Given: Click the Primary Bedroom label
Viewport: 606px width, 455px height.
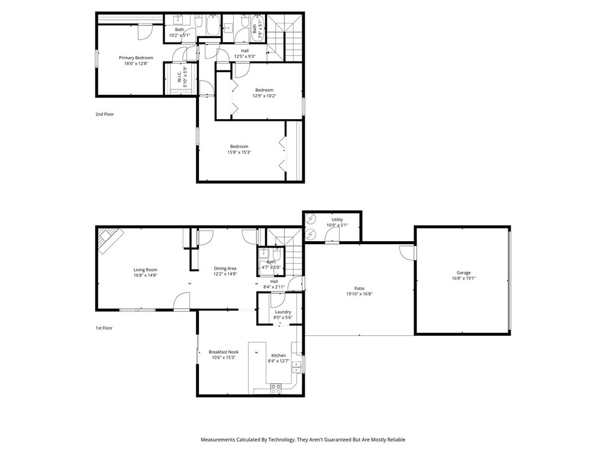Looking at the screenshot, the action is click(x=136, y=57).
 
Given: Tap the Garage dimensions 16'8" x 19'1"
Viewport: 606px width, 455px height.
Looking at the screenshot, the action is click(x=463, y=278).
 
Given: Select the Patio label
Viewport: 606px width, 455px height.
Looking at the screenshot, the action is click(x=359, y=289).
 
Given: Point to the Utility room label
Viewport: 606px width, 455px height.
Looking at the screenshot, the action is click(x=337, y=219).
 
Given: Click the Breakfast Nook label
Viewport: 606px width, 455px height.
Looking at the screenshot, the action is click(x=224, y=352).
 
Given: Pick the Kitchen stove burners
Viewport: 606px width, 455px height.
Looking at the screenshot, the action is click(x=276, y=389).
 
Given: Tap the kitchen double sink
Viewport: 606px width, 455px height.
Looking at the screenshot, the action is click(x=296, y=367).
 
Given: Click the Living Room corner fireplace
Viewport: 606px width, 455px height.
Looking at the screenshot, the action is click(x=110, y=240).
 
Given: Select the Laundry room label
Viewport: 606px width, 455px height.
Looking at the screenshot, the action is click(x=283, y=312).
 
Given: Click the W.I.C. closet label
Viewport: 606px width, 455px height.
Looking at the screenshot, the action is click(x=180, y=77).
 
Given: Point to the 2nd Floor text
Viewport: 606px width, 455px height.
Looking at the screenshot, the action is click(x=105, y=114).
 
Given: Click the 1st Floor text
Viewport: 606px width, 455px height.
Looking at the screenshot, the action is click(x=104, y=328).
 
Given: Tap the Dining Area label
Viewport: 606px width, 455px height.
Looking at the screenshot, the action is click(x=225, y=268).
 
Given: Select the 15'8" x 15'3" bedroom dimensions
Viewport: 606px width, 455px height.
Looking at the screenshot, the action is click(x=239, y=152).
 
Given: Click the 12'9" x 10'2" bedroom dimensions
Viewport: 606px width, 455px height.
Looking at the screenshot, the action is click(x=265, y=95).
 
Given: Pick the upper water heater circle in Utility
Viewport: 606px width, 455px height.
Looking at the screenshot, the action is click(x=311, y=220).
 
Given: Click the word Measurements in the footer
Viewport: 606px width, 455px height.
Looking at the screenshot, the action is click(x=218, y=440).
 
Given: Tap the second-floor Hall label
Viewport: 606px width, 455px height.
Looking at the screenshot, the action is click(x=244, y=51).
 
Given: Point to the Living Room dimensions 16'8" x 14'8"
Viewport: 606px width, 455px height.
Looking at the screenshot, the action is click(x=146, y=275).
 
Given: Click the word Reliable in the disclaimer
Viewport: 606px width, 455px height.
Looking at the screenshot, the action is click(x=397, y=440).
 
